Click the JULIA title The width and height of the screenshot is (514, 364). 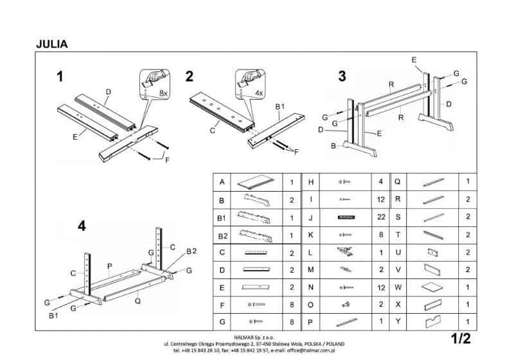52,44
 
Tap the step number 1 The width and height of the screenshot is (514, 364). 60,77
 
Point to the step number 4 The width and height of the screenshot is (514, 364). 81,226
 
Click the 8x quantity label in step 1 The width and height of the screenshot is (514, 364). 163,93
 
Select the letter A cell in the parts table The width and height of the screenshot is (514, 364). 222,183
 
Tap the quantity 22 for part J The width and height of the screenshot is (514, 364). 382,217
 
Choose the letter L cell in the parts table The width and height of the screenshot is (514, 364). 310,252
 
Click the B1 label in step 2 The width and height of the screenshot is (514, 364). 281,106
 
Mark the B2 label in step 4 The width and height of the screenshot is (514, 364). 191,250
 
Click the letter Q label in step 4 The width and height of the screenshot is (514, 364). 139,299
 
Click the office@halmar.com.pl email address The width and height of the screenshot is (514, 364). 308,350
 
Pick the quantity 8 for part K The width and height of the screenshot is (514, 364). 382,235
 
